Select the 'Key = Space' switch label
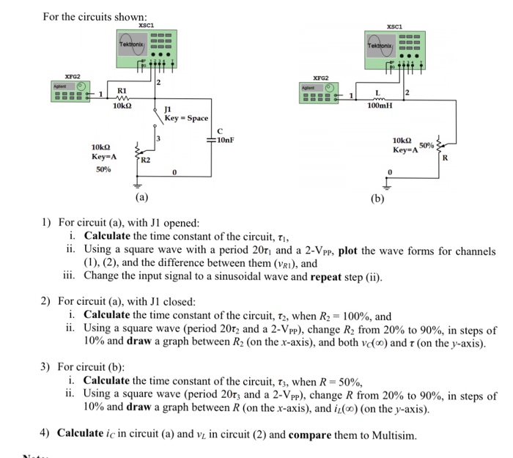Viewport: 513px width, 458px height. point(187,118)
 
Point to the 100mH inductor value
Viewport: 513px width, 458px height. point(380,106)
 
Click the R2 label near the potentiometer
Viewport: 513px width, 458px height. point(145,159)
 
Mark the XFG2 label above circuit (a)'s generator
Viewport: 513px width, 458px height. point(73,75)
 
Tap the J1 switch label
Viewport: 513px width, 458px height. point(169,110)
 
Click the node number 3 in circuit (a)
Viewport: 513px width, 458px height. point(155,137)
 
